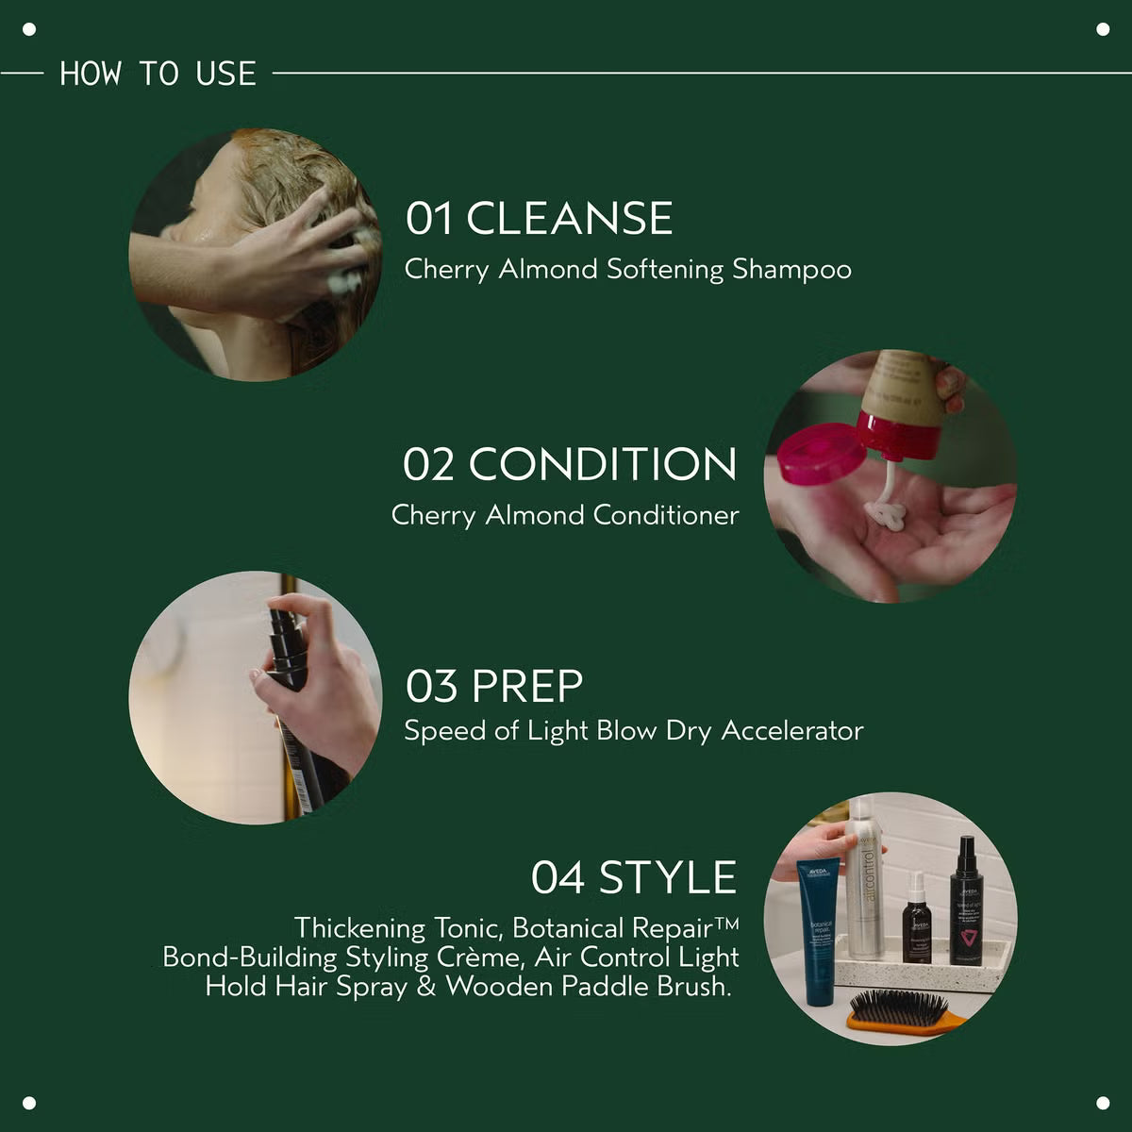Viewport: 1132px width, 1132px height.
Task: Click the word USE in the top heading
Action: tap(226, 74)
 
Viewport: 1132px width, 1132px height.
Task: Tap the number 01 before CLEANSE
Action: tap(429, 218)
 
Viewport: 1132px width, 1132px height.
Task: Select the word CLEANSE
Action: tap(569, 218)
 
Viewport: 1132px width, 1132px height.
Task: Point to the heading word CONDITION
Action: tap(603, 464)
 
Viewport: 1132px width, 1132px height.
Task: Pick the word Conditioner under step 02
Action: tap(665, 515)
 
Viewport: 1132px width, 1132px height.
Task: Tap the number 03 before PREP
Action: tap(431, 686)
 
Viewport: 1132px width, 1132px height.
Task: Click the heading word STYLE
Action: tap(668, 877)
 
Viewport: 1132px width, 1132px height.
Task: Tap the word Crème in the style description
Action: tap(482, 957)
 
